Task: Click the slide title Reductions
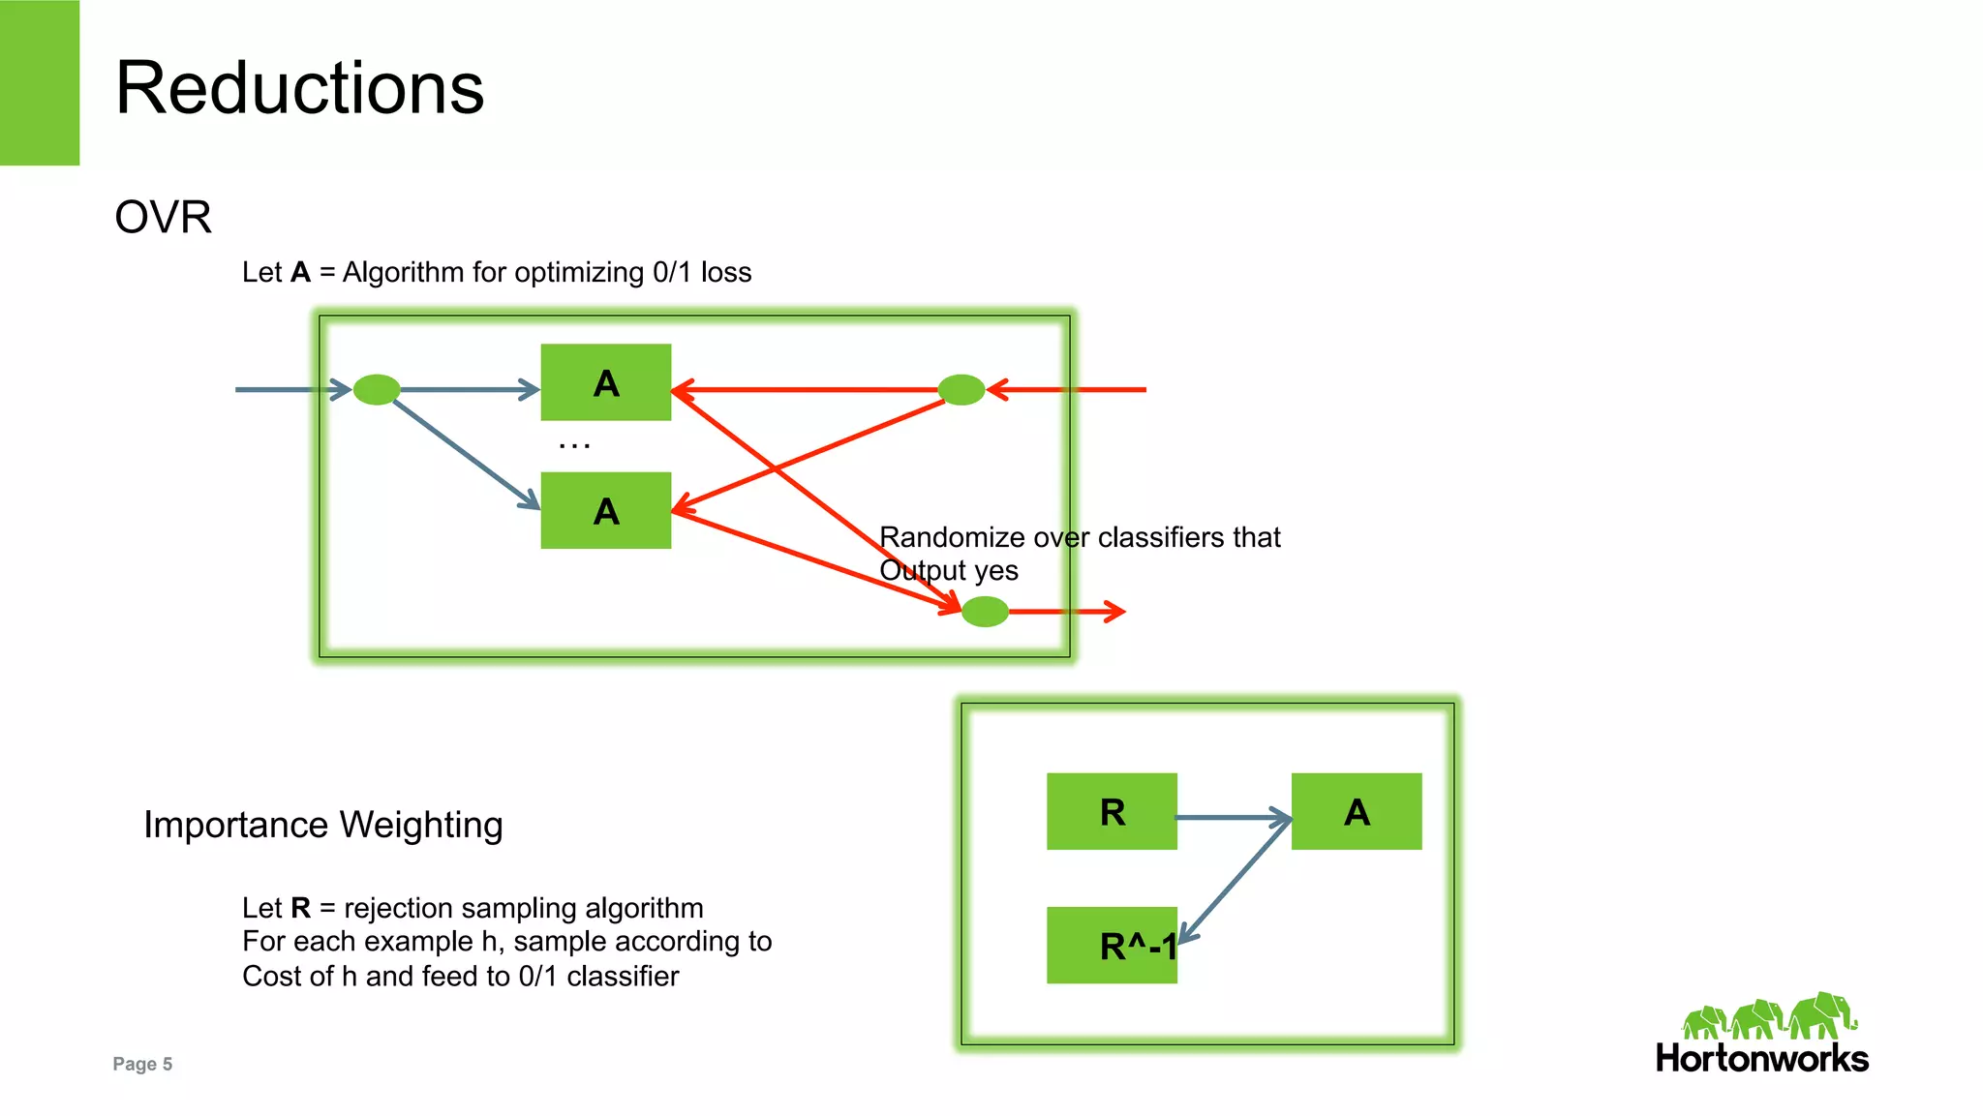[x=299, y=88]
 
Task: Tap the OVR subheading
[x=163, y=217]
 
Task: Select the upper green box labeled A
[x=605, y=382]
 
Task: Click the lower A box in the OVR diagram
[x=605, y=510]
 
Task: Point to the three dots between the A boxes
[x=574, y=445]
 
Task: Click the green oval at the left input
[x=377, y=389]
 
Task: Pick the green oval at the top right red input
[x=961, y=389]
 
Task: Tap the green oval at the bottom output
[x=986, y=612]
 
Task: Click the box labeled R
[x=1112, y=811]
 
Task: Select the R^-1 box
[x=1112, y=945]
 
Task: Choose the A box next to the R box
[x=1357, y=811]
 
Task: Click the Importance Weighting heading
[x=323, y=825]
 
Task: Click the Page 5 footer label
[x=142, y=1064]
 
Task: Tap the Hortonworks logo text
[x=1761, y=1058]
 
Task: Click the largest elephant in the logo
[x=1821, y=1015]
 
